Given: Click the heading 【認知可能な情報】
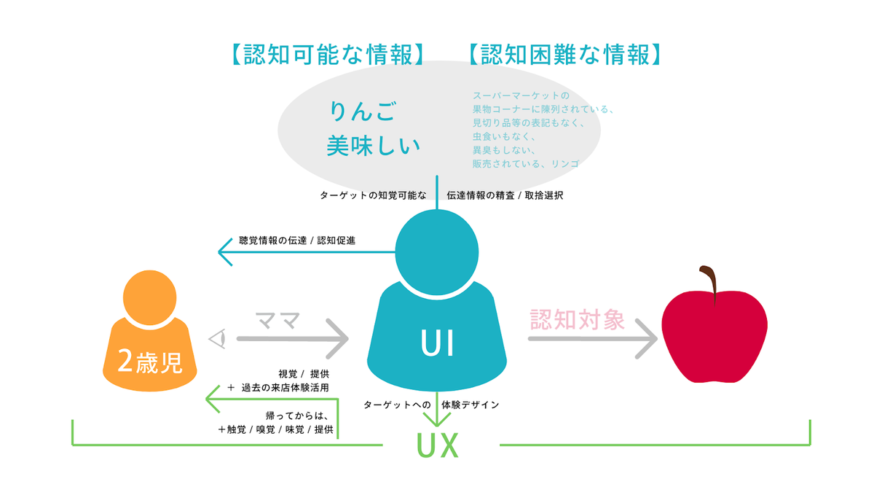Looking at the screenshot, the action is coord(328,54).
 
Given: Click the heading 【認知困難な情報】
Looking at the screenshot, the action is coord(565,54).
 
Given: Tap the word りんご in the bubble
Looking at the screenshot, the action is coord(363,111).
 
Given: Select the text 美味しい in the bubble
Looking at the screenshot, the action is coord(374,146).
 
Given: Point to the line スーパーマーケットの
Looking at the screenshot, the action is coord(521,95).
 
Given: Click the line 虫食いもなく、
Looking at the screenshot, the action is coord(504,137).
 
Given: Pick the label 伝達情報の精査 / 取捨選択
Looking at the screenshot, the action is coord(505,195).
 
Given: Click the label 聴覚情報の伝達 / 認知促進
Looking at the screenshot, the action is coord(297,241).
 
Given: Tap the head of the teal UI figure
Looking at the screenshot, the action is coord(437,252).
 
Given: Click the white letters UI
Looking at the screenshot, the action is coord(437,343).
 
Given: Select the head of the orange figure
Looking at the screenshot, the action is coord(150,297).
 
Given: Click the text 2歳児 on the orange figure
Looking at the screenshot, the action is coord(150,362).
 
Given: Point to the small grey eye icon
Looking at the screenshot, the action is coord(217,338).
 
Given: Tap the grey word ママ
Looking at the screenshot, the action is coord(277,321).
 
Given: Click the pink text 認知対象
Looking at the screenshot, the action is coord(578,320).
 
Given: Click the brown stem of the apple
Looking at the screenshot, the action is coord(709,284).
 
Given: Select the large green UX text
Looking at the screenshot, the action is coord(438,445).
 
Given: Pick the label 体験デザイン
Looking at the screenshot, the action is coord(471,405).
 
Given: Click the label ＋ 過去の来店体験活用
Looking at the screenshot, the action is coord(278,388).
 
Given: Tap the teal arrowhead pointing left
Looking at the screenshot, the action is coord(225,252).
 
